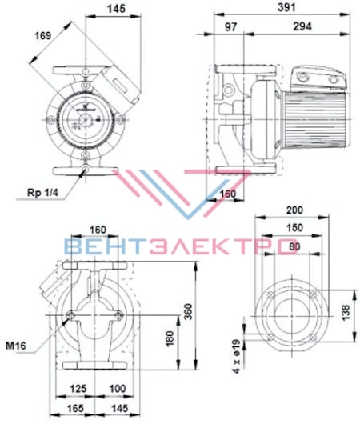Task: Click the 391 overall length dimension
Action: click(x=286, y=7)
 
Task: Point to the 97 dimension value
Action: click(x=230, y=26)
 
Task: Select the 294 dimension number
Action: click(x=302, y=26)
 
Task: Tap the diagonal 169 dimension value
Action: click(x=43, y=35)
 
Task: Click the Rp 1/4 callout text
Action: click(x=42, y=193)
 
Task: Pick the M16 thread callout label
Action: click(x=16, y=346)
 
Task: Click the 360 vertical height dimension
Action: click(x=189, y=312)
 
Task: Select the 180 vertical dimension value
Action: click(x=170, y=339)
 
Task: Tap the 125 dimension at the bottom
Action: click(x=78, y=389)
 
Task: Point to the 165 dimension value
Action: click(x=75, y=408)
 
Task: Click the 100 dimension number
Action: click(x=118, y=389)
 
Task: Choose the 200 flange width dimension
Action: click(x=295, y=210)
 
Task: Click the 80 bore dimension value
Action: click(x=294, y=246)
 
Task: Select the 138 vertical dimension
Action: click(x=346, y=313)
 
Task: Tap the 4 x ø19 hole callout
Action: click(x=237, y=356)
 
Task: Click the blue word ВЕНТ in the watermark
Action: click(x=103, y=246)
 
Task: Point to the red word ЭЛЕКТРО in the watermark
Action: click(x=223, y=246)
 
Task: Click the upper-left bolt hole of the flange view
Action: click(x=270, y=295)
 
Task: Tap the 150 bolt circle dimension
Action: click(x=294, y=228)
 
